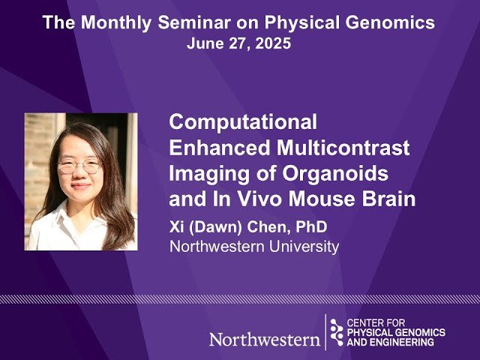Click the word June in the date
click(x=204, y=43)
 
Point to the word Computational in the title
click(x=243, y=121)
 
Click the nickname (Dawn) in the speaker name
click(x=217, y=227)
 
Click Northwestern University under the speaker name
click(x=254, y=246)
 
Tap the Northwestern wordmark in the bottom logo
click(x=264, y=339)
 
